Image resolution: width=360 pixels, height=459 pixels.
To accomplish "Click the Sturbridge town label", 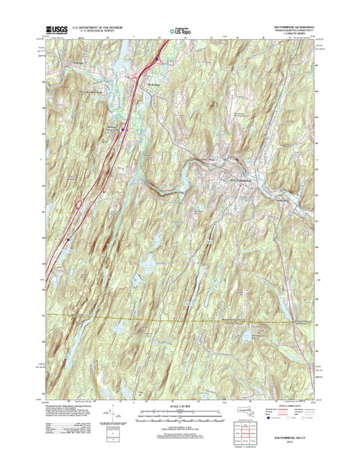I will [154, 83].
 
